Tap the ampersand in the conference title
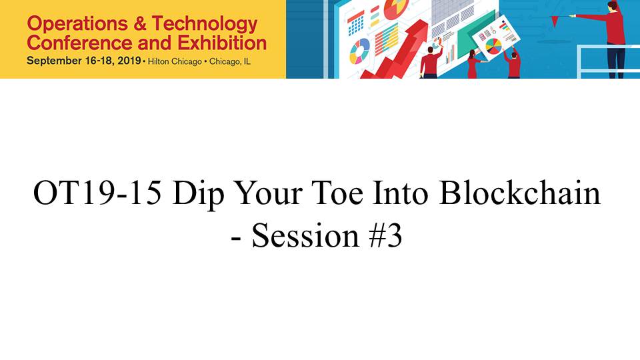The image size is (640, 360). [x=139, y=24]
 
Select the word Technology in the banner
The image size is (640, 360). [x=205, y=25]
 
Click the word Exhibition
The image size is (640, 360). [x=222, y=43]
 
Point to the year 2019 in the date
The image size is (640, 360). [x=129, y=61]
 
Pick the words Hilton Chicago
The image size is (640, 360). [x=175, y=61]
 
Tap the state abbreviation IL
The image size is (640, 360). [x=247, y=61]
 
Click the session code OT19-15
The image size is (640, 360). [x=97, y=193]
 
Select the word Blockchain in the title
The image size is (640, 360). [x=520, y=192]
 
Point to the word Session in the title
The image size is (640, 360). [x=305, y=235]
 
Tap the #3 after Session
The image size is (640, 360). [x=386, y=235]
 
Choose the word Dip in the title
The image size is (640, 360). [x=199, y=194]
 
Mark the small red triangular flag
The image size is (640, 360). [x=555, y=21]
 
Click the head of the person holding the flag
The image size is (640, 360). [x=611, y=6]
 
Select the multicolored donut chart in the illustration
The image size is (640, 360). [x=359, y=51]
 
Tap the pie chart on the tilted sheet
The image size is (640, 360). [x=493, y=46]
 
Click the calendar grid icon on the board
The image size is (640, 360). [x=356, y=24]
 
